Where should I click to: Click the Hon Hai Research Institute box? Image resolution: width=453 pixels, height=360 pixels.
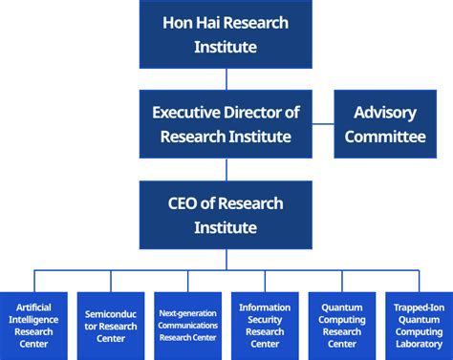tap(226, 33)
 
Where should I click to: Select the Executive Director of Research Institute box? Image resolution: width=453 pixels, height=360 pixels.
tap(226, 124)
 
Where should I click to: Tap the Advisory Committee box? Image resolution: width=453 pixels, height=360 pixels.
tap(385, 124)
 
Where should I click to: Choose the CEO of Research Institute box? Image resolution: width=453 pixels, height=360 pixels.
tap(226, 215)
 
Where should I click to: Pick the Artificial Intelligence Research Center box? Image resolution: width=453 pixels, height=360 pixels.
tap(33, 325)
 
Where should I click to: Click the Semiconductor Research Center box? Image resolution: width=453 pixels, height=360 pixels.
tap(111, 325)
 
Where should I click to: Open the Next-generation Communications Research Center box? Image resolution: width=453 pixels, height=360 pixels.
tap(188, 325)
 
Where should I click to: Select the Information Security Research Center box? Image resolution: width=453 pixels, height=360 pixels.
tap(265, 325)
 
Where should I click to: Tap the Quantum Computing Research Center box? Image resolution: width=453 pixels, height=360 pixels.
tap(342, 325)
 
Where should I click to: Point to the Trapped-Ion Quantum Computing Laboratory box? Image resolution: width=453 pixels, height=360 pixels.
tap(419, 325)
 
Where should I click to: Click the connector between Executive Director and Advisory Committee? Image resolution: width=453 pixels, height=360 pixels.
tap(323, 124)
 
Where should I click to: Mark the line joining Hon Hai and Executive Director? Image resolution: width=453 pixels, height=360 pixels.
tap(226, 78)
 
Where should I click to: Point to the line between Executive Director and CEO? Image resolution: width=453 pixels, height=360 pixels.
tap(226, 169)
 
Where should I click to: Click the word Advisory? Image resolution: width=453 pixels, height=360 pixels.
tap(385, 112)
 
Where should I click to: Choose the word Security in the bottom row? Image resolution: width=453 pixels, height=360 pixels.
tap(265, 320)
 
